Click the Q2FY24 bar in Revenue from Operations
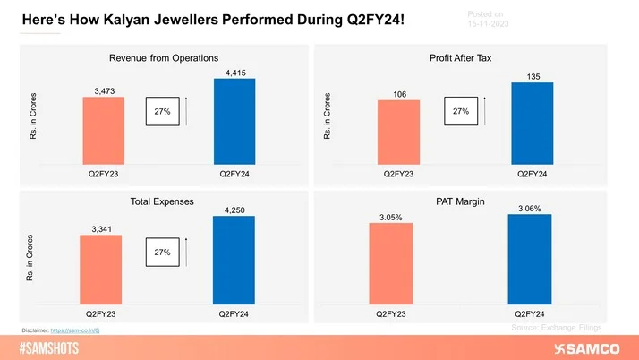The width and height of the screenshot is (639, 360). click(234, 120)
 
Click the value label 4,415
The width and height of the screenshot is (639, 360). click(234, 72)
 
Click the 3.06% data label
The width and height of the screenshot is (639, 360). click(529, 208)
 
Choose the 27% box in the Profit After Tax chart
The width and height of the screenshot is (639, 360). click(461, 112)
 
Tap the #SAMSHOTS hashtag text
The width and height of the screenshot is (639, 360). click(54, 347)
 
